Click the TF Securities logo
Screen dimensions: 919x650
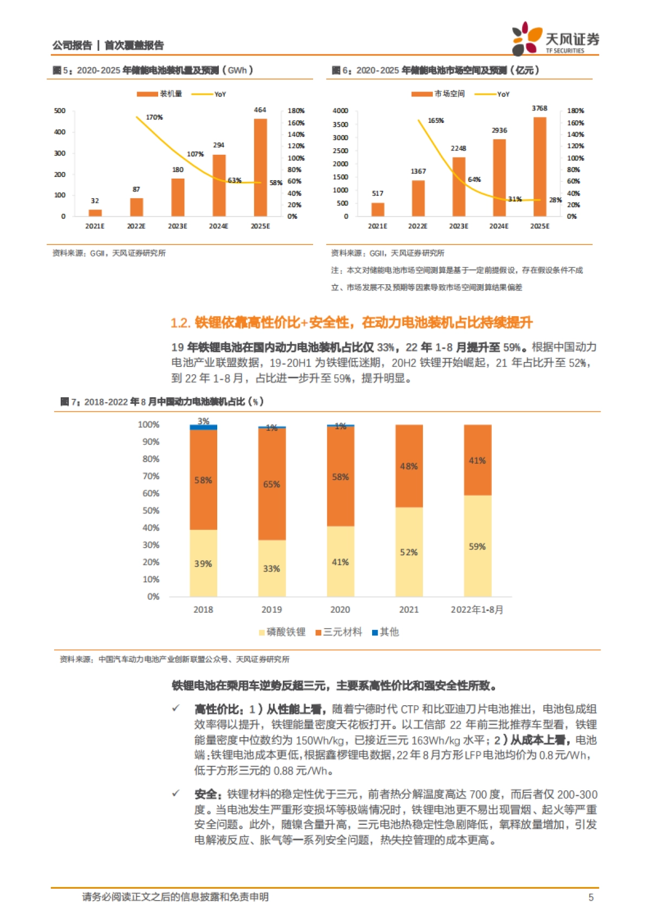point(555,38)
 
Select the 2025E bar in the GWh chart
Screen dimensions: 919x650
point(260,167)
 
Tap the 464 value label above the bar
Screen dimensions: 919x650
point(260,110)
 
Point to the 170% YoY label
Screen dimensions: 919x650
point(154,117)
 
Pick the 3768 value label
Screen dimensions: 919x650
point(539,108)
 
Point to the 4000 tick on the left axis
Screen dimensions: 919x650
point(340,111)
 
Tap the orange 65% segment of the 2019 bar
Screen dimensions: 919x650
point(271,483)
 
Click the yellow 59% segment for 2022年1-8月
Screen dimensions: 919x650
point(477,546)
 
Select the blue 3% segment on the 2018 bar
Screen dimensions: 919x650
point(203,427)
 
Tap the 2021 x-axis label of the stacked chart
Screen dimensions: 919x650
point(408,609)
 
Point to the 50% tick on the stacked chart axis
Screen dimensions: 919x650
point(151,510)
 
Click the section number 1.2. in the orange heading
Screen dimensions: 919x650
point(180,323)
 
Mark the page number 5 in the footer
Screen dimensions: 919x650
point(590,897)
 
